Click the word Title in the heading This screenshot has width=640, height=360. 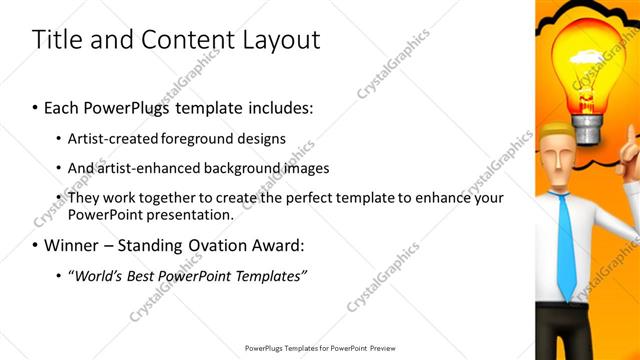[x=56, y=40]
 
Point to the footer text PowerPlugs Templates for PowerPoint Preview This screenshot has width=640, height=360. [x=320, y=348]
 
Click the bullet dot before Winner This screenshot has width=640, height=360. [x=36, y=245]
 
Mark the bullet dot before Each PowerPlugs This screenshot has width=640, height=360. [x=36, y=106]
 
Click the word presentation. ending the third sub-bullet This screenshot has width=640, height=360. [x=191, y=214]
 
